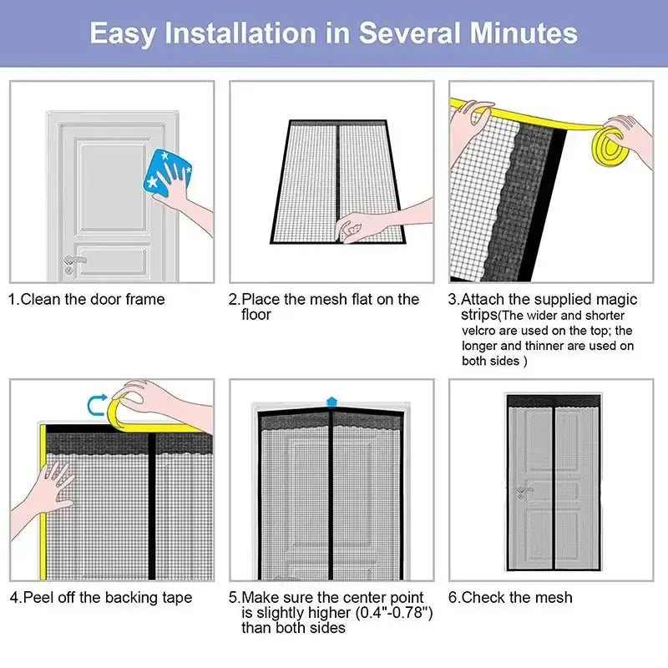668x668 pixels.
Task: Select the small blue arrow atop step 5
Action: [331, 402]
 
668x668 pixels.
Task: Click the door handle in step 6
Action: [521, 493]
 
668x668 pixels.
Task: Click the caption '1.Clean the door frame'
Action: [87, 299]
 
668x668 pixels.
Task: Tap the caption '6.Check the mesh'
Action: [511, 597]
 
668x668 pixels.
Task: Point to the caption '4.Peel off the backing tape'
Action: [100, 597]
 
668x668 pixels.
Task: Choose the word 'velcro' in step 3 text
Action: [481, 330]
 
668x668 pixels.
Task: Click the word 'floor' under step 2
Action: [256, 315]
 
